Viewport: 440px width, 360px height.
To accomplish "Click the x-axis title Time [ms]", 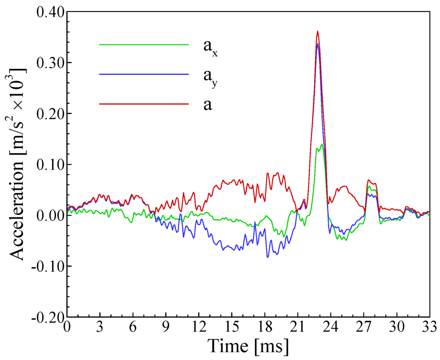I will click(248, 345).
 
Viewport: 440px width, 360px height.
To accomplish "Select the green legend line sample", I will click(144, 44).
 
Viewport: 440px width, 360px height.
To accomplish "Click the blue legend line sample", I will click(144, 74).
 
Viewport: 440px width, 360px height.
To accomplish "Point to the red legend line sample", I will click(144, 104).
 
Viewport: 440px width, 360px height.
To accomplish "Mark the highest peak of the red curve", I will click(318, 31).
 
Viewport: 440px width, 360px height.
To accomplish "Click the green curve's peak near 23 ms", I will click(321, 144).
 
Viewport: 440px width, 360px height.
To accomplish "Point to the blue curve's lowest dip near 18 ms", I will click(267, 257).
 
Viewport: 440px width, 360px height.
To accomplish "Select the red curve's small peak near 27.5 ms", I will click(369, 180).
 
